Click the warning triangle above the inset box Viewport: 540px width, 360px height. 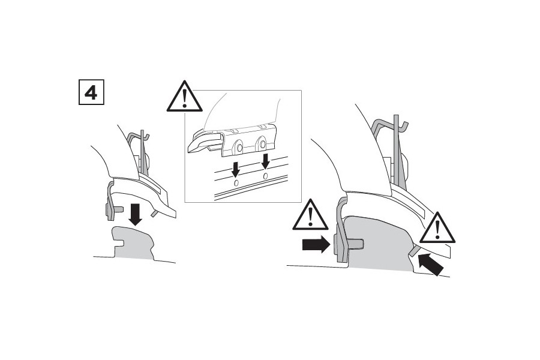[x=184, y=97]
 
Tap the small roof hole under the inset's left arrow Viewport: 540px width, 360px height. [x=236, y=182]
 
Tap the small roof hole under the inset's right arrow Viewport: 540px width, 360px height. [x=265, y=179]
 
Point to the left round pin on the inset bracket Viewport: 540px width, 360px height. [x=239, y=147]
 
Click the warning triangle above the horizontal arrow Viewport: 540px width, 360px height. [x=310, y=215]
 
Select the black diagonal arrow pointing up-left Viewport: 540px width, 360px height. [x=432, y=265]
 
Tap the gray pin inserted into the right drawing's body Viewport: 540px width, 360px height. [x=355, y=242]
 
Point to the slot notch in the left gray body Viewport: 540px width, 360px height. [x=118, y=242]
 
